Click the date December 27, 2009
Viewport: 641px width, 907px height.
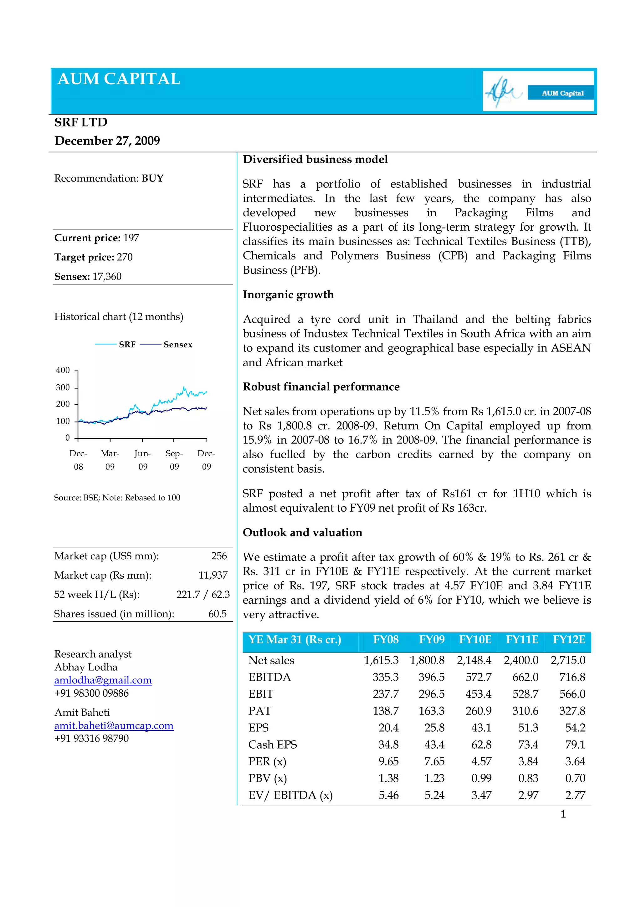(x=107, y=141)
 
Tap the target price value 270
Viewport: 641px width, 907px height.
(x=125, y=257)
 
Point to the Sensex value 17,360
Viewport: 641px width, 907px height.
(x=107, y=277)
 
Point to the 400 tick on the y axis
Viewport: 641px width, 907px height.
(x=63, y=370)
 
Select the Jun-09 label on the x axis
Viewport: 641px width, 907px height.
(x=143, y=460)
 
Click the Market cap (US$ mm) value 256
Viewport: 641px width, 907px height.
(x=219, y=556)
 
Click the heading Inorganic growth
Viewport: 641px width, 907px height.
(x=288, y=295)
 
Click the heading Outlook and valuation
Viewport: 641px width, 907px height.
(x=302, y=532)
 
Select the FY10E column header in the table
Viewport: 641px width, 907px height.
(x=475, y=639)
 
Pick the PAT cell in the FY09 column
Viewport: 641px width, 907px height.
(x=431, y=711)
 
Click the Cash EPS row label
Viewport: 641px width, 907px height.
(x=273, y=745)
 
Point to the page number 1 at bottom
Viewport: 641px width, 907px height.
(x=563, y=814)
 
